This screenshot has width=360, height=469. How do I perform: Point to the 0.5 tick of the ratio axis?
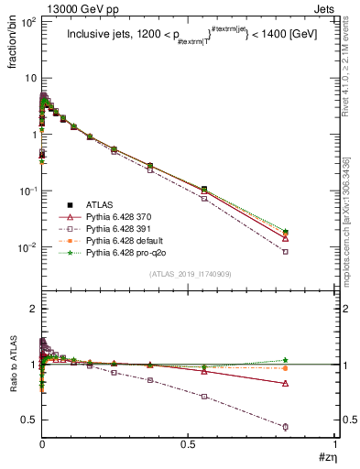click(27, 420)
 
